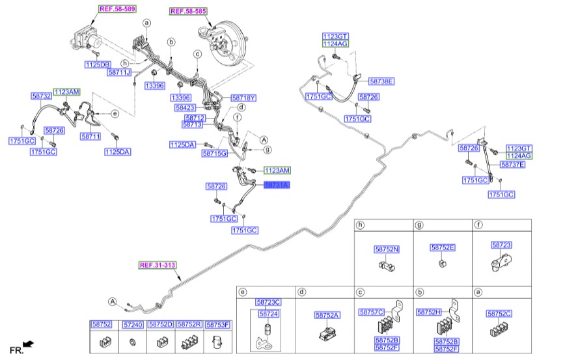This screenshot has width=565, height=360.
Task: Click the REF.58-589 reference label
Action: [117, 9]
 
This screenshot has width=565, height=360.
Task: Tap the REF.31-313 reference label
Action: [157, 265]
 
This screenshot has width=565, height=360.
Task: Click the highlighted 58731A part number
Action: [276, 186]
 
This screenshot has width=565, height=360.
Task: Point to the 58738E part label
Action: [381, 81]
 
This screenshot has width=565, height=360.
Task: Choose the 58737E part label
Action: [512, 165]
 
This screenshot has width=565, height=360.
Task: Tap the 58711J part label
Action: [119, 72]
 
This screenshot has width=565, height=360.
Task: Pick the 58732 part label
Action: [41, 96]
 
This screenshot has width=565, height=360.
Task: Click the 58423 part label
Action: [186, 107]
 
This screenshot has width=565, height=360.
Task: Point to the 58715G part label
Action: [214, 154]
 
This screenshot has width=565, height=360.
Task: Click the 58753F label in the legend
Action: [219, 324]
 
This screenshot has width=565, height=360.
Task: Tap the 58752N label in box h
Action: [387, 249]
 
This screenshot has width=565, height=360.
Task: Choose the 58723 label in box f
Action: [501, 245]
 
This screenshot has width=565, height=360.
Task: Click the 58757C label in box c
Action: [372, 312]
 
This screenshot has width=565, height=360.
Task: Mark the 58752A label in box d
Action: [327, 315]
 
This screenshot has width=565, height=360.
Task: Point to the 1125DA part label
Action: [118, 152]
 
